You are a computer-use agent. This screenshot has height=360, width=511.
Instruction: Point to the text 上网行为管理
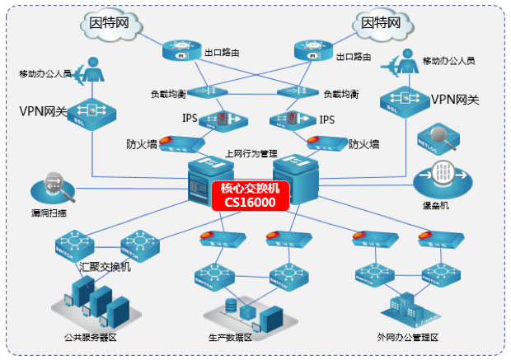click(x=251, y=153)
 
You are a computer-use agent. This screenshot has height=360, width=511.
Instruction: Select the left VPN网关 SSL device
click(x=88, y=109)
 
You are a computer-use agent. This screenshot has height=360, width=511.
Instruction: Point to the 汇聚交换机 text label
click(x=105, y=266)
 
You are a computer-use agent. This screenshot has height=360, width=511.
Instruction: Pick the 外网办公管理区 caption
click(x=408, y=338)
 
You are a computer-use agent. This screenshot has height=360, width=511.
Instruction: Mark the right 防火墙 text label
click(x=363, y=144)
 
